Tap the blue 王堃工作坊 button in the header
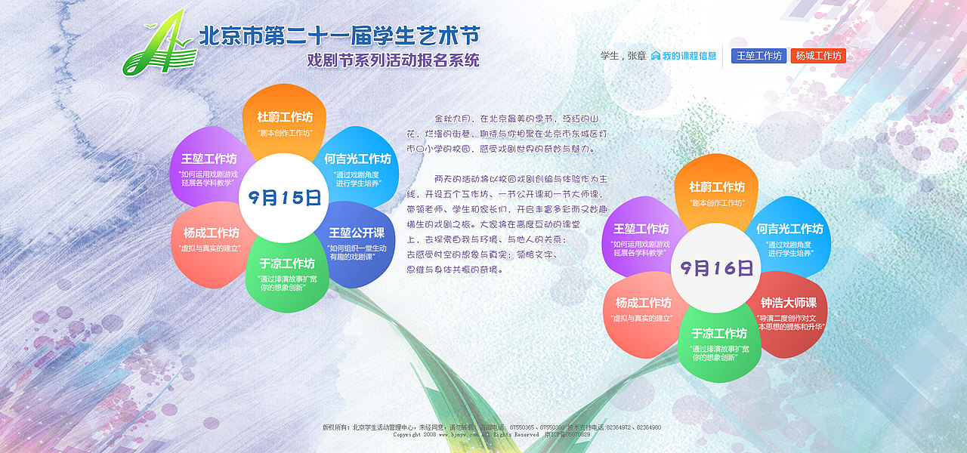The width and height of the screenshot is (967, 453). [x=758, y=56]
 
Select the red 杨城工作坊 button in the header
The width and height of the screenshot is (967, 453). [x=817, y=56]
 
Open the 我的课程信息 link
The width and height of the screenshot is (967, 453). [x=684, y=56]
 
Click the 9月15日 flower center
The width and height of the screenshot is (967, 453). [x=284, y=199]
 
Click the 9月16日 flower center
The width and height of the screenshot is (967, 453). [x=715, y=268]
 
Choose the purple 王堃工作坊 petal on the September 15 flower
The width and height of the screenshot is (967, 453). [x=209, y=165]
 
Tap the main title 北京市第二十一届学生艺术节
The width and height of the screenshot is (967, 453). [x=338, y=35]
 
